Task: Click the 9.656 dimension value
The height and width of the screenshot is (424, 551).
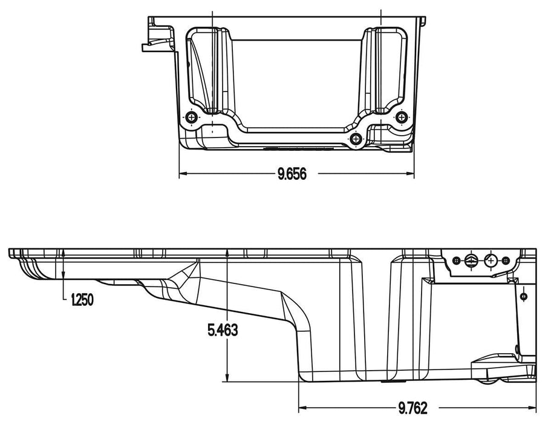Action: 293,174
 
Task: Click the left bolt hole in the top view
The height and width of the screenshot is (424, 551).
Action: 192,117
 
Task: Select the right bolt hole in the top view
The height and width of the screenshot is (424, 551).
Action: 400,116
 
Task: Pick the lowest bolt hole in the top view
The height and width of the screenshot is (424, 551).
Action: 356,139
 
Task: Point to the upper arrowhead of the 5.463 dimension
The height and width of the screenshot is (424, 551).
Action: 226,253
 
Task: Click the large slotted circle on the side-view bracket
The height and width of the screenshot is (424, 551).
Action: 470,260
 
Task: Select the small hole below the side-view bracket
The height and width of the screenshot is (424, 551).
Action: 524,296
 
